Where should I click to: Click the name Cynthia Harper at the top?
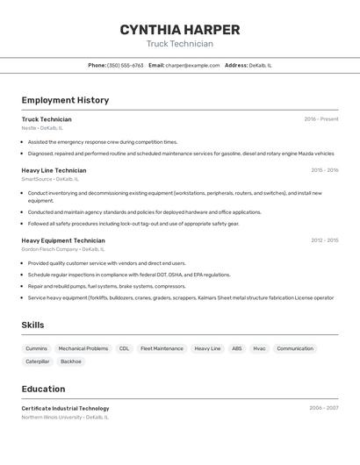pos(179,30)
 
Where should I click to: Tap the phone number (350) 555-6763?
pos(125,65)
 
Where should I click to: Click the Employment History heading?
pos(65,100)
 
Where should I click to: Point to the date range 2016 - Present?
pos(320,119)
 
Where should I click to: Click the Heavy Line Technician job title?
pos(54,170)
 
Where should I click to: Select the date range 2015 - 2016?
pos(324,170)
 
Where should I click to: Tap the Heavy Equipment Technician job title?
pos(63,240)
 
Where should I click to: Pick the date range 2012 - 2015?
pos(324,240)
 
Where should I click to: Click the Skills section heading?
pos(32,325)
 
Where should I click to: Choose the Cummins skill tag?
pos(37,348)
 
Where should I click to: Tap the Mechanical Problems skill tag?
pos(83,348)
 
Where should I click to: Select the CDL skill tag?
pos(124,348)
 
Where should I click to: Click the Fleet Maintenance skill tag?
pos(162,348)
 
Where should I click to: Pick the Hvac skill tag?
pos(259,348)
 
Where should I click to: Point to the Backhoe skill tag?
pos(71,361)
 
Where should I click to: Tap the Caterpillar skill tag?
pos(38,361)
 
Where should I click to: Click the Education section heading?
pos(43,389)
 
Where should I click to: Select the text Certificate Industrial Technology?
pos(65,408)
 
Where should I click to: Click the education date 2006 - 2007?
pos(323,408)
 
